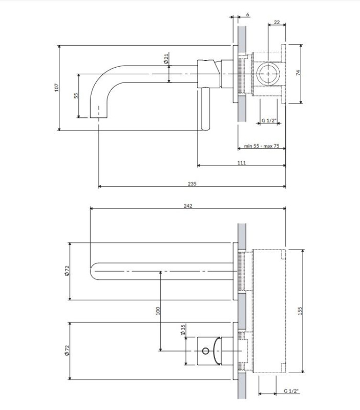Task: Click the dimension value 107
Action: pyautogui.click(x=57, y=87)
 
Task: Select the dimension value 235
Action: pyautogui.click(x=192, y=183)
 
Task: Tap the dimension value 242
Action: pyautogui.click(x=188, y=206)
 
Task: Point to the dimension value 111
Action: pyautogui.click(x=242, y=162)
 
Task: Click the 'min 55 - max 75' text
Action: pyautogui.click(x=262, y=146)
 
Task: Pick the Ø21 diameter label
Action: pyautogui.click(x=166, y=58)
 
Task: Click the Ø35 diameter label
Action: pyautogui.click(x=183, y=330)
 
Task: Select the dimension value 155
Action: pyautogui.click(x=300, y=311)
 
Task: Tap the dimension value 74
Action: pyautogui.click(x=298, y=73)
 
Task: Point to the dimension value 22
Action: pyautogui.click(x=277, y=22)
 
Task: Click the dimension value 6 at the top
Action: pyautogui.click(x=248, y=15)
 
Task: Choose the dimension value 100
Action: pyautogui.click(x=158, y=311)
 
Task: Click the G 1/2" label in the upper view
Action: pyautogui.click(x=269, y=120)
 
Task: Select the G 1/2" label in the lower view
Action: pyautogui.click(x=291, y=391)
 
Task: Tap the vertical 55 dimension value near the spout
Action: pyautogui.click(x=76, y=95)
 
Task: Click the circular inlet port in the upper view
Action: pyautogui.click(x=268, y=74)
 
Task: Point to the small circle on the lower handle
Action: pyautogui.click(x=205, y=351)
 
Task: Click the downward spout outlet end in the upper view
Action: pyautogui.click(x=99, y=117)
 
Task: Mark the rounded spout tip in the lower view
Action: pyautogui.click(x=91, y=271)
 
